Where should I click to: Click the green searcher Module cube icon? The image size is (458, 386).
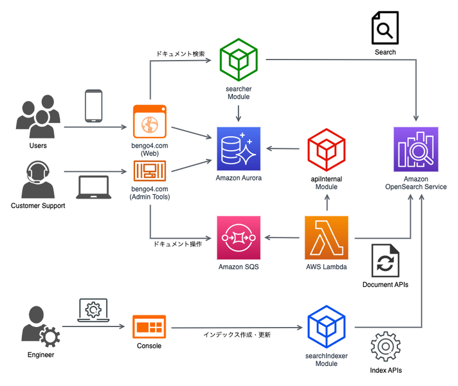click(239, 60)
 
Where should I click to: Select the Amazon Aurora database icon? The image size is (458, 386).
click(239, 149)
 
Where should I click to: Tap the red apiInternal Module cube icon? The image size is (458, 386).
click(326, 149)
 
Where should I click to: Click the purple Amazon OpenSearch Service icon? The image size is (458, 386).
click(416, 149)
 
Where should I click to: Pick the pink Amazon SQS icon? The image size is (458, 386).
click(239, 238)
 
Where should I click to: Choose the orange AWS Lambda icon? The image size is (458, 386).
click(326, 238)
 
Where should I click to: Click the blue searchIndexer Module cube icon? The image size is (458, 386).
click(326, 326)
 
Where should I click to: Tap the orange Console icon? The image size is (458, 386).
click(149, 326)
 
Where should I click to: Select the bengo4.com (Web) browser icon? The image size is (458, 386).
click(150, 121)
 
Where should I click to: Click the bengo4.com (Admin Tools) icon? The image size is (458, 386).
click(150, 171)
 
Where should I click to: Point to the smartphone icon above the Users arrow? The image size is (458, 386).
click(93, 106)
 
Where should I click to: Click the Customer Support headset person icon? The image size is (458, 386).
click(38, 179)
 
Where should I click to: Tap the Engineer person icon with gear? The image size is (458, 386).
click(40, 326)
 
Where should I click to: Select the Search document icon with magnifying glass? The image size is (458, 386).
click(385, 27)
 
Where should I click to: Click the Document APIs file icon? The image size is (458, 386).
click(385, 261)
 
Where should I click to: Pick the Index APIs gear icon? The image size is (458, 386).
click(385, 346)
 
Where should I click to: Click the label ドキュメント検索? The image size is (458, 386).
click(180, 54)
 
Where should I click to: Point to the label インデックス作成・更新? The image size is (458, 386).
click(237, 334)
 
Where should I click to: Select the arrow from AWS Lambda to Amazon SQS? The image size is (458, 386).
click(282, 238)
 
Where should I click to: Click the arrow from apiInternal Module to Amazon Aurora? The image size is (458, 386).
click(283, 149)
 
